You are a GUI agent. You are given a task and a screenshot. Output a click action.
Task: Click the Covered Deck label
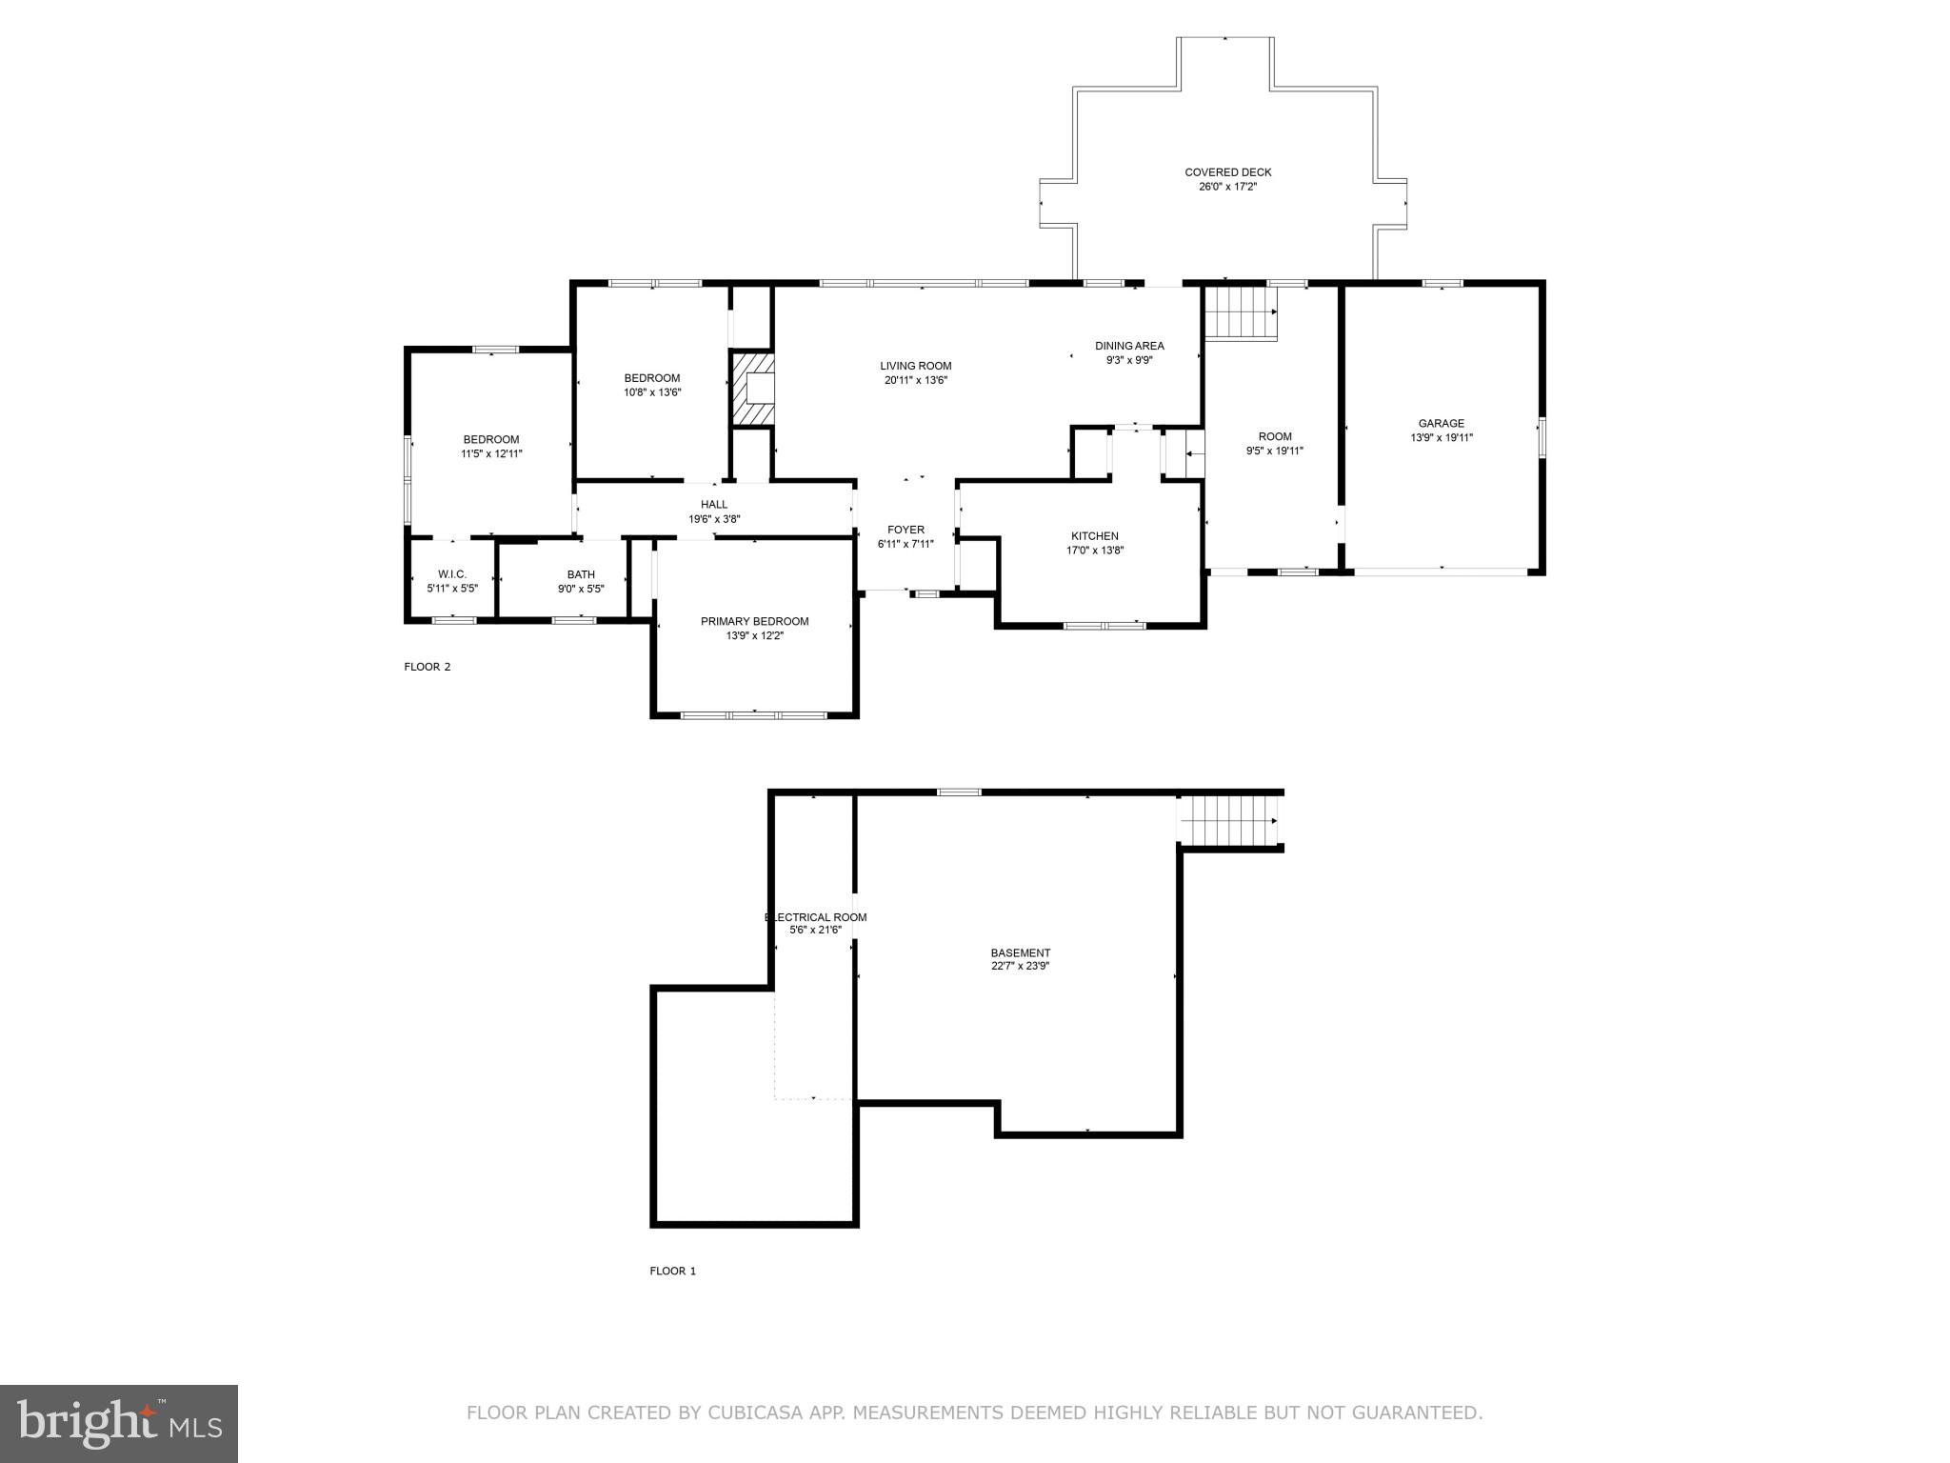tap(1227, 172)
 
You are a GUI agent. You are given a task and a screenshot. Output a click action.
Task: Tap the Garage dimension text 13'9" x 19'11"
tap(1441, 438)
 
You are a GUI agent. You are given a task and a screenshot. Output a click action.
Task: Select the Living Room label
tap(915, 366)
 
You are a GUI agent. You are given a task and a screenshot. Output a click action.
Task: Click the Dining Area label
tap(1129, 346)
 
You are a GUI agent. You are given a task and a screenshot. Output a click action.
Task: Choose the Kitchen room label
tap(1094, 536)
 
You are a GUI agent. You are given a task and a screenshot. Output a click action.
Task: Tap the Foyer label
tap(905, 530)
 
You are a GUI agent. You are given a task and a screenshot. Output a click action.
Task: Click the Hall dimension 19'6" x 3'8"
tap(714, 519)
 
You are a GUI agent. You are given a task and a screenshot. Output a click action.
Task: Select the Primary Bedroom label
tap(754, 621)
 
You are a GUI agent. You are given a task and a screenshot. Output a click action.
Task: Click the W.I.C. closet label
tap(451, 573)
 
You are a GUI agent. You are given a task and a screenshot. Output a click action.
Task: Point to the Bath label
tap(581, 574)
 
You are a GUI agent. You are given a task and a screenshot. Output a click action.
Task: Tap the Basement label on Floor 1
tap(1020, 952)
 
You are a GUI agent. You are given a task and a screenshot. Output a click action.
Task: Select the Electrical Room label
tap(816, 917)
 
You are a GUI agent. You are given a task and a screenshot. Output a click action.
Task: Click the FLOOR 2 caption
tap(428, 667)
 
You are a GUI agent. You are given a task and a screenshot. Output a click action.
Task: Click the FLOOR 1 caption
tap(673, 1271)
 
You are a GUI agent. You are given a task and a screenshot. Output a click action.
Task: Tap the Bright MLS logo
tap(119, 1423)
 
